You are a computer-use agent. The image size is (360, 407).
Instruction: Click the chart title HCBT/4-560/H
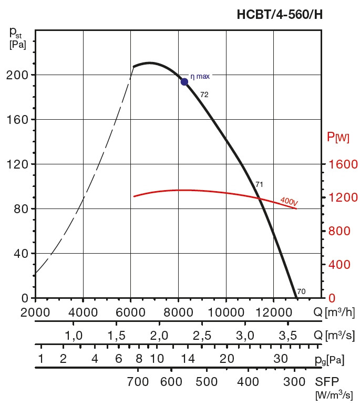coord(280,15)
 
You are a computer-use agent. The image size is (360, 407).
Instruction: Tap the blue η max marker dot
coord(184,82)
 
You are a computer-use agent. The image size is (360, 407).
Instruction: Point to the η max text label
coord(200,77)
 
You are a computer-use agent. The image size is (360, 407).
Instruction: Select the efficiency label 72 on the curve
coord(204,95)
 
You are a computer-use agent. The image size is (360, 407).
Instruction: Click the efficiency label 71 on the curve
coord(259,184)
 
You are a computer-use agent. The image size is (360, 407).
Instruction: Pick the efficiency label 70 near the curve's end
coord(301,291)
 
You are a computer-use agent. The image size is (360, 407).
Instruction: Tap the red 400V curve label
coord(289,202)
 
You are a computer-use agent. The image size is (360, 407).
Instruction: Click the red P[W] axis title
coord(338,137)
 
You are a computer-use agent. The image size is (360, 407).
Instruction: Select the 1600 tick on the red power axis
coord(343,164)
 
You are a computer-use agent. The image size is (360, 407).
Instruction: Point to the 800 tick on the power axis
coord(339,231)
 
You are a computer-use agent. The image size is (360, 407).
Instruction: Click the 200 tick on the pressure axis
coord(17,75)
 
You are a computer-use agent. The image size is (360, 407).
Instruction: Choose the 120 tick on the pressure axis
coord(17,164)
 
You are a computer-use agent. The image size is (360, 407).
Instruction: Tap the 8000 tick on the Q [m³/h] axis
coord(178,312)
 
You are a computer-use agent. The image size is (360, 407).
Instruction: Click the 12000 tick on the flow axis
coord(274,312)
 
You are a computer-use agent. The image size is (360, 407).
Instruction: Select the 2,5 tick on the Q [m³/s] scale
coord(202,336)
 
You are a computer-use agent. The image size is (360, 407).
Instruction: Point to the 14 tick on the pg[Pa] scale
coord(188,359)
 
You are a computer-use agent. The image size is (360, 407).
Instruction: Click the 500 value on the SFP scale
coord(207,382)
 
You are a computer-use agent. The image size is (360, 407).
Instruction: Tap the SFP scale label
coord(327,382)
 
